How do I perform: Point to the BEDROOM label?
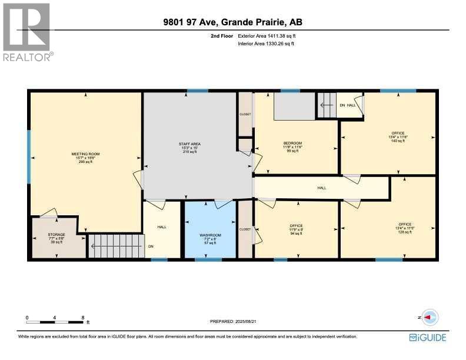292,144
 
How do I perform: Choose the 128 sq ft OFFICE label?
405,224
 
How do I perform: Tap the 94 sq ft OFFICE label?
296,225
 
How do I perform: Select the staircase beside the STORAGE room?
116,246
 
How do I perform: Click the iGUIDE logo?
428,338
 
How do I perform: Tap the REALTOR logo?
27,32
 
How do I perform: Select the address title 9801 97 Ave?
233,23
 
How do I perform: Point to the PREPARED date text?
233,321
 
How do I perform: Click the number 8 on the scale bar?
83,318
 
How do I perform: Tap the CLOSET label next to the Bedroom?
245,114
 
